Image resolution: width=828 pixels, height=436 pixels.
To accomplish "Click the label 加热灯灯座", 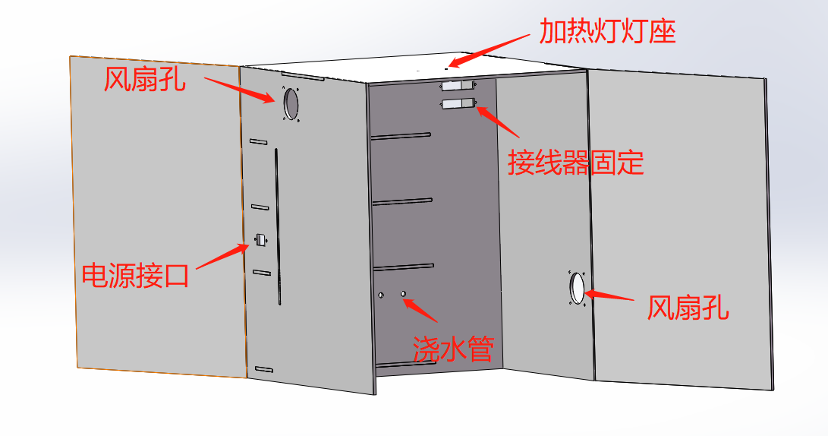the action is tap(607, 32).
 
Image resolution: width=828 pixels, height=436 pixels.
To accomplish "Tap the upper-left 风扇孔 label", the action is tap(144, 77).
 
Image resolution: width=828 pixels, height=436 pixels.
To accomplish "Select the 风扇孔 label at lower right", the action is tap(688, 308).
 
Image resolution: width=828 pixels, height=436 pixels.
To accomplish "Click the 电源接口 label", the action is tap(135, 274).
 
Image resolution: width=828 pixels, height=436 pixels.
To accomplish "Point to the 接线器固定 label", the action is tap(575, 162).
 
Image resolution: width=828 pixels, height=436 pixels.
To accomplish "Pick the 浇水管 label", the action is tap(453, 349).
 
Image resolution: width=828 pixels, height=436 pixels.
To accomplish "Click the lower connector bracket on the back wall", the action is tap(458, 104).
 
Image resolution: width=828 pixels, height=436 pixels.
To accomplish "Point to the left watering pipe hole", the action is tap(382, 294).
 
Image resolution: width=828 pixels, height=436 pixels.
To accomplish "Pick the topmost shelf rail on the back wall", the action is tap(401, 136).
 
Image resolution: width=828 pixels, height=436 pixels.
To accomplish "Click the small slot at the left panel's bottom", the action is tap(263, 368).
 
